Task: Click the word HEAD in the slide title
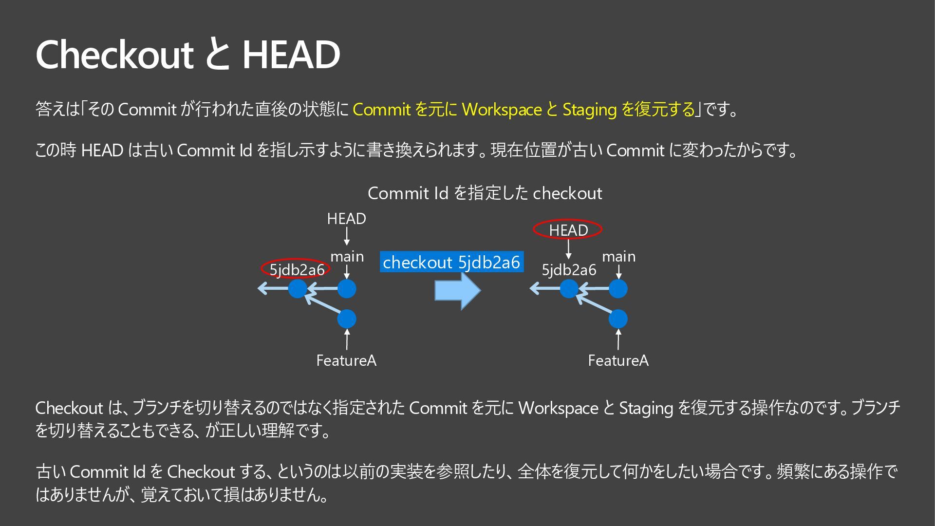point(291,55)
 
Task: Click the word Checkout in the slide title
point(114,55)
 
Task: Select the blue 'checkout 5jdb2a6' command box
point(451,262)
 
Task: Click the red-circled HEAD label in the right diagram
point(568,229)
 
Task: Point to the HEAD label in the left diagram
point(346,219)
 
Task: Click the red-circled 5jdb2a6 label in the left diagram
point(296,269)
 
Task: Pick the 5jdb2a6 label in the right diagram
point(569,269)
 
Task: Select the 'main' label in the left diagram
point(347,256)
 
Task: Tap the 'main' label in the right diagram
point(618,256)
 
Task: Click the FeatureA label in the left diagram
point(346,360)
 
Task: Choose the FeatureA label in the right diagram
point(618,360)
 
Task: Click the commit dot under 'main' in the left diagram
point(347,289)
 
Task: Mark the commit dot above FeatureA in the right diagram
point(618,319)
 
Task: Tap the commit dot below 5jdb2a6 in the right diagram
point(569,289)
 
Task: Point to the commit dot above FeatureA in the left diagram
point(347,319)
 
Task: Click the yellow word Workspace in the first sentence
point(502,110)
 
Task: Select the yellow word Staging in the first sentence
point(589,110)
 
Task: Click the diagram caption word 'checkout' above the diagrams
point(567,193)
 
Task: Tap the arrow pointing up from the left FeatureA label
point(347,339)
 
